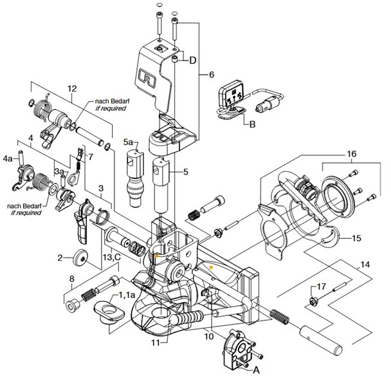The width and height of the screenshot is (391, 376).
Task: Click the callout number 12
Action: click(72, 89)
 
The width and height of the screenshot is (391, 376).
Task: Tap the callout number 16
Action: click(352, 154)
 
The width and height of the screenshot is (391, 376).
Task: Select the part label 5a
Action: click(128, 142)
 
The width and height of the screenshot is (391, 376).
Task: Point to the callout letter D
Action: click(193, 61)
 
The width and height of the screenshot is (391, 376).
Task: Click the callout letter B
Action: click(253, 124)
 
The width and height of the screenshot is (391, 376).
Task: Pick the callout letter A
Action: click(257, 370)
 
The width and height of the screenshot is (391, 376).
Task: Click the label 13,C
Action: click(112, 257)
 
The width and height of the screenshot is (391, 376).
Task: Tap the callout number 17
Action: click(322, 287)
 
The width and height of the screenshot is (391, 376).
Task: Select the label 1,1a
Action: click(127, 296)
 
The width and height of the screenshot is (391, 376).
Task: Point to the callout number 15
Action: click(356, 238)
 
